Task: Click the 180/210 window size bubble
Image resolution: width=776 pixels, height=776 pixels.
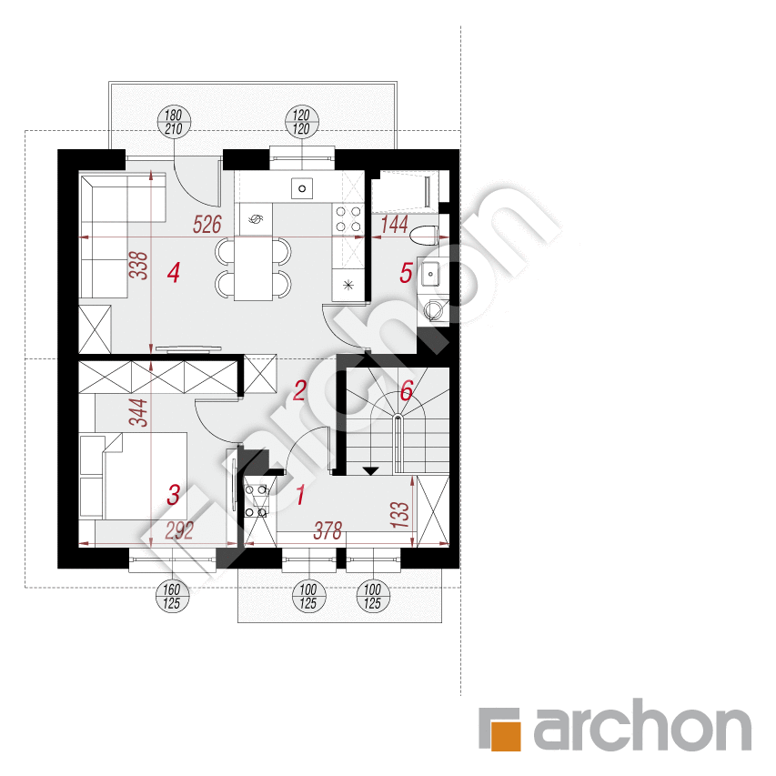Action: coord(174,122)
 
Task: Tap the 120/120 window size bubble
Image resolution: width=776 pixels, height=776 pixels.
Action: coord(302,122)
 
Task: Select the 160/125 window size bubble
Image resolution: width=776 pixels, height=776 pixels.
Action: coord(172,597)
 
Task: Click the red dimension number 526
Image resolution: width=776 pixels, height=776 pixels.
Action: coord(207,225)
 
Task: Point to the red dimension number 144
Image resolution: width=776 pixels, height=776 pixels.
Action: coord(395,225)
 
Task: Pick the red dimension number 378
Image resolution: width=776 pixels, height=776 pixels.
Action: coord(328,531)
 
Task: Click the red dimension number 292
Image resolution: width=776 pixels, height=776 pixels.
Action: coord(179,531)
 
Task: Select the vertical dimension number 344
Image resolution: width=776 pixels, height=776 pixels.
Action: coord(138,412)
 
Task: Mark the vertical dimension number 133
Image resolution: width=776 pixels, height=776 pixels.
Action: coord(400,515)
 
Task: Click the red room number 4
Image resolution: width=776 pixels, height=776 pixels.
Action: coord(173,273)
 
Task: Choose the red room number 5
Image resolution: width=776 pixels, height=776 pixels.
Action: coord(406,273)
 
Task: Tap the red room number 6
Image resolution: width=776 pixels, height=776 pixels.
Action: coord(407,391)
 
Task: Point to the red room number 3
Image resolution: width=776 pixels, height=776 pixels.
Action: coord(173,494)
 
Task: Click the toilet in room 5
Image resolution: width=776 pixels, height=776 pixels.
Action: coord(425,235)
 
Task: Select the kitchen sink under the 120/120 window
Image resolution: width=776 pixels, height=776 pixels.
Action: coord(302,188)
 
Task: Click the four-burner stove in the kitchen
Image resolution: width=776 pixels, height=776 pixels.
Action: coord(348,219)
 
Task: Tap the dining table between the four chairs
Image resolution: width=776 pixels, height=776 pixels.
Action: coord(254,268)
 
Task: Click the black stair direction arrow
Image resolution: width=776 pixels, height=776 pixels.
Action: coord(370,470)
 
